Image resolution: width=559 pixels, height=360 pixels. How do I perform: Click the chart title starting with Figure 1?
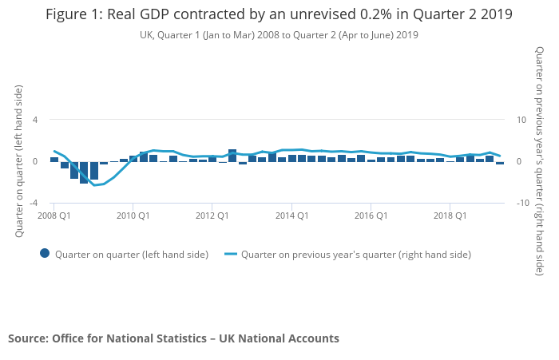(279, 15)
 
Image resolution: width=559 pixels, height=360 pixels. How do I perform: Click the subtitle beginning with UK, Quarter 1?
(279, 35)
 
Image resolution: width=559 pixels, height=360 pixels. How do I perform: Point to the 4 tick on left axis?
(35, 120)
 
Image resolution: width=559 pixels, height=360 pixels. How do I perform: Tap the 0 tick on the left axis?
(35, 161)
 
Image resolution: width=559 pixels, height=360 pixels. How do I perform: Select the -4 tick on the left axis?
(34, 204)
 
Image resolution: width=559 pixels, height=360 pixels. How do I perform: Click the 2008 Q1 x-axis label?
(54, 216)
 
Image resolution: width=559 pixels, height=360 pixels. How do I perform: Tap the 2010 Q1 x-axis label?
(133, 216)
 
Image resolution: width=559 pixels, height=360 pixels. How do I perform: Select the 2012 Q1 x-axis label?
(212, 216)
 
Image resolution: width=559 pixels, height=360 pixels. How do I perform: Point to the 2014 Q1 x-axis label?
(291, 216)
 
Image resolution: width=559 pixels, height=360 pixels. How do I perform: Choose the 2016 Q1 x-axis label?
(371, 216)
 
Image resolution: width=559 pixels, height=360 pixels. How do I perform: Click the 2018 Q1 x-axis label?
(450, 216)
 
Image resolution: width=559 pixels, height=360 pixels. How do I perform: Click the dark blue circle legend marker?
(45, 254)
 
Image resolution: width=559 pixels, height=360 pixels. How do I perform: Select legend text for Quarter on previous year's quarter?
(355, 255)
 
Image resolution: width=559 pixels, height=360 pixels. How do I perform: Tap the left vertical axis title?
(19, 162)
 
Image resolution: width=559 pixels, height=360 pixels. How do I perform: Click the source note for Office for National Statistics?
(173, 338)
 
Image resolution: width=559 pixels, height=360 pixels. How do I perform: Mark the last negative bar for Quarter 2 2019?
(500, 163)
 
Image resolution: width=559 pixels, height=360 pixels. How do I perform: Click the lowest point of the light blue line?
(94, 185)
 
